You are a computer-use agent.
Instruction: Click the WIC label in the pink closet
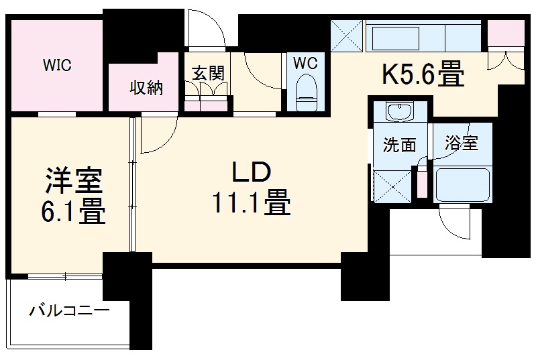(58, 66)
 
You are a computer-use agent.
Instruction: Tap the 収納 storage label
(146, 87)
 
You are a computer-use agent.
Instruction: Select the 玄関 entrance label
(207, 74)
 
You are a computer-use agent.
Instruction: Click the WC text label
(305, 63)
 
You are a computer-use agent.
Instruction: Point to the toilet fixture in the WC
(306, 93)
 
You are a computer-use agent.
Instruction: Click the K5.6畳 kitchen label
(423, 74)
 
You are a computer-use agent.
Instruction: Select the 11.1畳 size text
(251, 202)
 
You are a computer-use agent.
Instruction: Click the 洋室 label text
(73, 183)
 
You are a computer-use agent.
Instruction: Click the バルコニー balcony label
(68, 311)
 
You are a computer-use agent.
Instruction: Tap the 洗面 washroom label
(399, 144)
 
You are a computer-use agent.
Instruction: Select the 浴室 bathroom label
(462, 143)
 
